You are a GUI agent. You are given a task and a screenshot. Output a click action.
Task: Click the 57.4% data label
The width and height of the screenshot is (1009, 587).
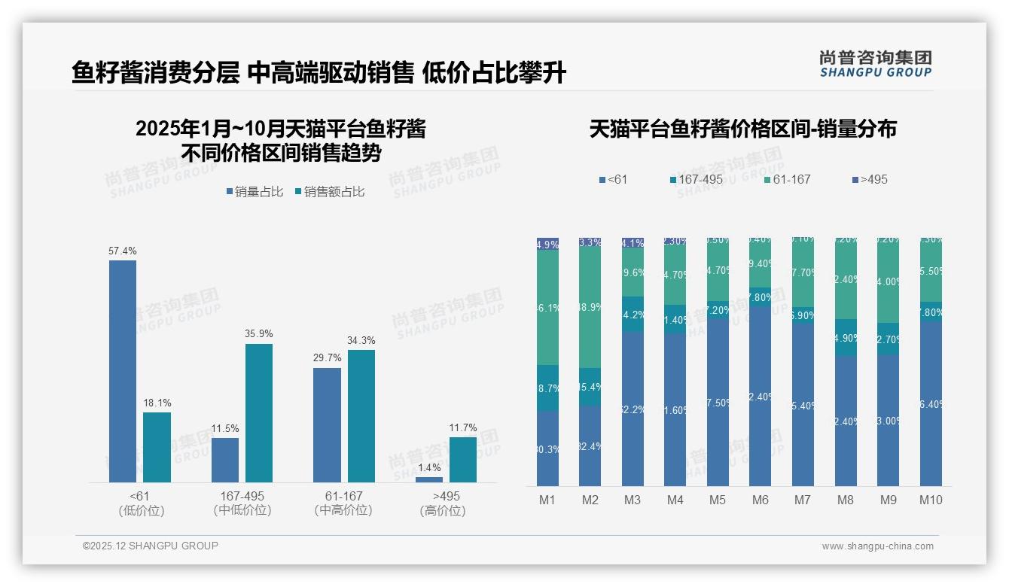tap(123, 251)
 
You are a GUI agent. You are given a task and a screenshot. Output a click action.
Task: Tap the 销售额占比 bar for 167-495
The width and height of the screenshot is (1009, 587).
tap(259, 413)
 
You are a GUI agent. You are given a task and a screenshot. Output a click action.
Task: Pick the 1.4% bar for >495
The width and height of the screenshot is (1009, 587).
tap(429, 479)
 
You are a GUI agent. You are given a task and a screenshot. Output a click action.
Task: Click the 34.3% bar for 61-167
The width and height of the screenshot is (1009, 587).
tap(361, 416)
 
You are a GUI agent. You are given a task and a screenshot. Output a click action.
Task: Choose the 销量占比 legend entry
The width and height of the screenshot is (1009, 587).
tap(255, 192)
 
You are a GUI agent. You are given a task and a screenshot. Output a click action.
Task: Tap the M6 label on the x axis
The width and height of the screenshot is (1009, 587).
tap(761, 500)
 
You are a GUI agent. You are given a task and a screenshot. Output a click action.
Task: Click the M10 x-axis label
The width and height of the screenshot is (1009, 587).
tap(931, 500)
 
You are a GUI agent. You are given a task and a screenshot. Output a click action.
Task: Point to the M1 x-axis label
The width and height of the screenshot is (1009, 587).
tap(547, 500)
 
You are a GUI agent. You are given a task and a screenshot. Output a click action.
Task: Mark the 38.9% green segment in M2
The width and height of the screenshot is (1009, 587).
tap(590, 308)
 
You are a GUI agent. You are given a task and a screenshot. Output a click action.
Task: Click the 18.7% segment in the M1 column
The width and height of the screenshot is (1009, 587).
tap(547, 388)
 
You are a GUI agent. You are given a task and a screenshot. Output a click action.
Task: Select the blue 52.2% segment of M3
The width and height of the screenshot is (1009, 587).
tap(633, 409)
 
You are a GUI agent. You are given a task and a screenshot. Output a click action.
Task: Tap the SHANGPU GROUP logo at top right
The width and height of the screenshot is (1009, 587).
tap(875, 64)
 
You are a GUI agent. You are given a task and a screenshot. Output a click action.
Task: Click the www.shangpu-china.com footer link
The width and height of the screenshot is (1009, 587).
tap(877, 546)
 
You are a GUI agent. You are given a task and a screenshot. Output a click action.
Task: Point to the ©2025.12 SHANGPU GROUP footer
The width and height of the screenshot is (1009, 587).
tap(151, 546)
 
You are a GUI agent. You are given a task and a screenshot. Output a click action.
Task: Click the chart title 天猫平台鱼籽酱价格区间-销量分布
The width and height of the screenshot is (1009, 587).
tap(742, 129)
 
